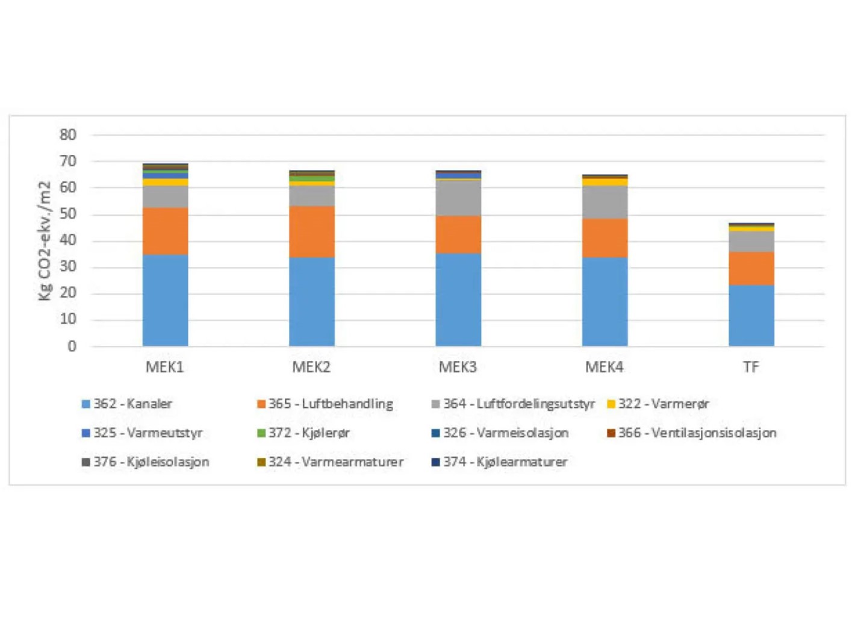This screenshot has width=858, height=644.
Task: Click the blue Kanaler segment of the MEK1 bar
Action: tap(165, 300)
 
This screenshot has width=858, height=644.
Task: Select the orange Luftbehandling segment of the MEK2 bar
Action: tap(311, 231)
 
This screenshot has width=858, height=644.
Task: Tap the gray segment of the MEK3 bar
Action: tap(458, 198)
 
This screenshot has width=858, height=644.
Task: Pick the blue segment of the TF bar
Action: tap(751, 315)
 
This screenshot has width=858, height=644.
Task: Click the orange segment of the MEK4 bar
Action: tap(605, 237)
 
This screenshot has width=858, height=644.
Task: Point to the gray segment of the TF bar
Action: tap(751, 241)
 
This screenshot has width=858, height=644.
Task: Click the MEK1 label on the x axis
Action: tap(165, 367)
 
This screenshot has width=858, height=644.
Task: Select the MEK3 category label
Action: tap(458, 367)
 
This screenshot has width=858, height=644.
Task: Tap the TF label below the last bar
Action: tap(751, 367)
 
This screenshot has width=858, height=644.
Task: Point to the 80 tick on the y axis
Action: tap(68, 135)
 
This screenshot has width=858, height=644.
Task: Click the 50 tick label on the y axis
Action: tap(68, 214)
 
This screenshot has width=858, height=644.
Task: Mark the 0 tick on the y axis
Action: tap(72, 346)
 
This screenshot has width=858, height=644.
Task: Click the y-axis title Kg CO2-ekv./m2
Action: tap(45, 240)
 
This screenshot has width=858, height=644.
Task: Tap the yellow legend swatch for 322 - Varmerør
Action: tap(611, 404)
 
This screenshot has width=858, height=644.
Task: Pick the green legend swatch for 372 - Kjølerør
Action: tap(261, 433)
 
